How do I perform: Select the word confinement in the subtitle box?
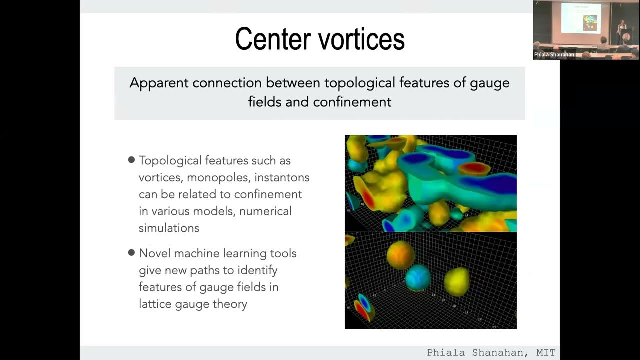click(352, 102)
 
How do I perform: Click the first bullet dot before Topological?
click(131, 160)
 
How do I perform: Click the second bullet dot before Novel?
click(131, 253)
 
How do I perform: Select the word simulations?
click(169, 228)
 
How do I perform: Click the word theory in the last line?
click(229, 304)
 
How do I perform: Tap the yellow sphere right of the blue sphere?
click(456, 281)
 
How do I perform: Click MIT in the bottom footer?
click(545, 353)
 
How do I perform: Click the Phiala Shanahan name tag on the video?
click(554, 55)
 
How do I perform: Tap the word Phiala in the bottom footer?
click(441, 353)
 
